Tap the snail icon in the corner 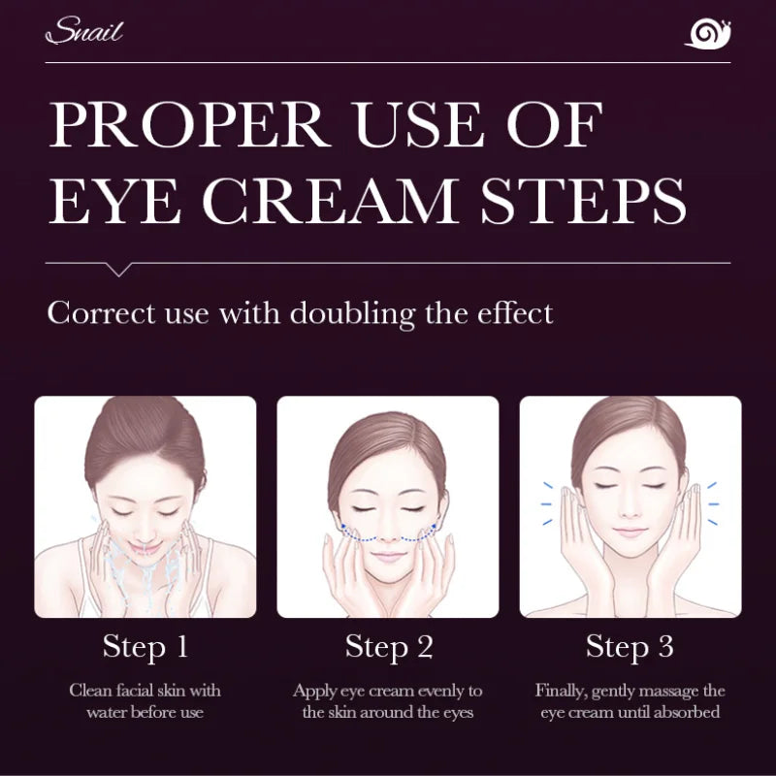707,34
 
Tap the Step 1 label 145,647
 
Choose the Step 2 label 388,647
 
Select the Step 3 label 630,647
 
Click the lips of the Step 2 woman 388,557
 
